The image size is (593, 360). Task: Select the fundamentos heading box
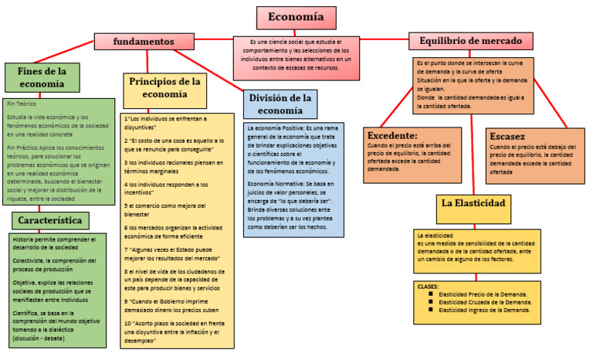143,41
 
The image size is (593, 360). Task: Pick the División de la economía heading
280,104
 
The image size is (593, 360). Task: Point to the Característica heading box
59,220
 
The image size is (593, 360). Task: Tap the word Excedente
392,135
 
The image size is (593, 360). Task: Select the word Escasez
508,136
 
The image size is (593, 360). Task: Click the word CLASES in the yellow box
428,286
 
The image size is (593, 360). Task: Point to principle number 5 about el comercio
172,206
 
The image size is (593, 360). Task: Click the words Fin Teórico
22,104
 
